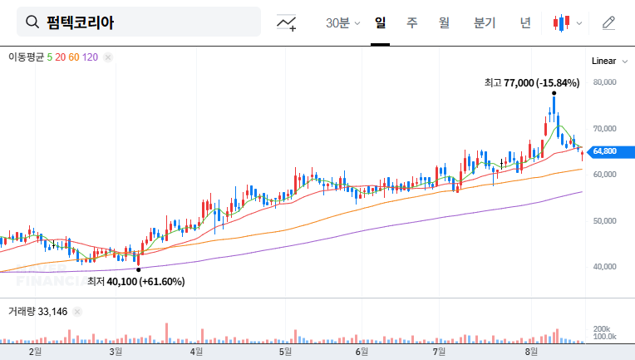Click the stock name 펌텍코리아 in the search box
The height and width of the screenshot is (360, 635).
point(80,22)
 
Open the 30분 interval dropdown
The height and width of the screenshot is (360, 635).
point(342,22)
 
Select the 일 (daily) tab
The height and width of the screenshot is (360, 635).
point(380,22)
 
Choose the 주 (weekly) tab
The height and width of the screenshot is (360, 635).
point(411,22)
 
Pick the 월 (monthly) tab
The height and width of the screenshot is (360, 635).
point(444,22)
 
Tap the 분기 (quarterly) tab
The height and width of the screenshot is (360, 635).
point(484,22)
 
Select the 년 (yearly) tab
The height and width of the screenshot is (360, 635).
point(525,22)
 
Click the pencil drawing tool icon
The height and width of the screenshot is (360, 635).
point(608,22)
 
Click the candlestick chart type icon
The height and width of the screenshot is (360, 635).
point(562,22)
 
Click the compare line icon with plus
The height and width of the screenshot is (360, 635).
point(287,22)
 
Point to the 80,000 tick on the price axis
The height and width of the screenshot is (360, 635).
point(604,82)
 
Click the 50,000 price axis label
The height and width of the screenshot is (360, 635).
point(604,220)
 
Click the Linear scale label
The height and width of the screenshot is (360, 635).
point(603,62)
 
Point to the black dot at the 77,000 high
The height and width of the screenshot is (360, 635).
point(554,93)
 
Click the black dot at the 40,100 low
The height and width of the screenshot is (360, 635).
point(138,269)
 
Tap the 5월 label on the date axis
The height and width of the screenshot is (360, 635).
point(284,352)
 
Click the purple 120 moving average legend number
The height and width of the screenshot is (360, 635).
point(91,57)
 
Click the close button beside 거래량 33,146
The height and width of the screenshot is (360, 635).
point(77,311)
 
